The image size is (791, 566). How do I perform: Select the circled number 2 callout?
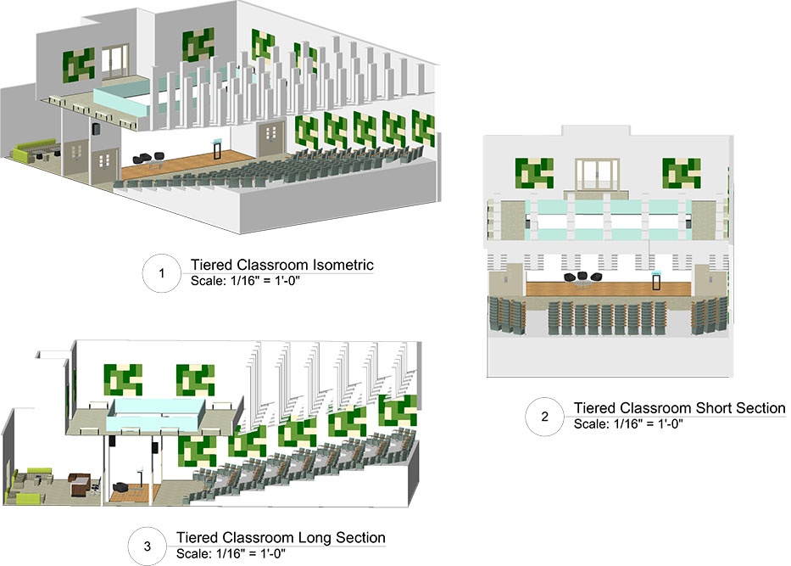pyautogui.click(x=544, y=416)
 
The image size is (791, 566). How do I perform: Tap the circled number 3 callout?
pyautogui.click(x=148, y=546)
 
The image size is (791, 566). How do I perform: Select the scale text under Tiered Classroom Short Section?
pyautogui.click(x=628, y=423)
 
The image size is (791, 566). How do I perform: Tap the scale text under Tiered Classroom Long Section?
pyautogui.click(x=230, y=553)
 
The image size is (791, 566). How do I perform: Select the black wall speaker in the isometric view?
pyautogui.click(x=96, y=130)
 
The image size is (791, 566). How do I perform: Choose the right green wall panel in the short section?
pyautogui.click(x=681, y=174)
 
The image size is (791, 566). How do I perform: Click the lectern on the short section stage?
pyautogui.click(x=655, y=283)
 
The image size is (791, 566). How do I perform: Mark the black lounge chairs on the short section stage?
pyautogui.click(x=583, y=278)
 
